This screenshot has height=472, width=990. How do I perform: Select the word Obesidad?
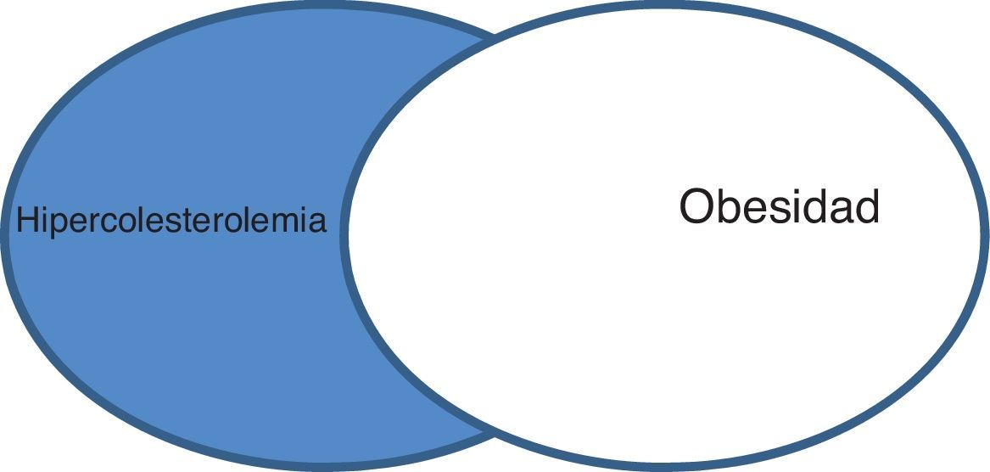pyautogui.click(x=779, y=206)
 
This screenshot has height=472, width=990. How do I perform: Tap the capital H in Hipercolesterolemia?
pyautogui.click(x=26, y=221)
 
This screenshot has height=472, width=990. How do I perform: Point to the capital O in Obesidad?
pyautogui.click(x=696, y=206)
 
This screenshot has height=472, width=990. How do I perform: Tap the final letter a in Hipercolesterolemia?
pyautogui.click(x=317, y=222)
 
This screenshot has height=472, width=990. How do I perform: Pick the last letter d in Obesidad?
pyautogui.click(x=868, y=206)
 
